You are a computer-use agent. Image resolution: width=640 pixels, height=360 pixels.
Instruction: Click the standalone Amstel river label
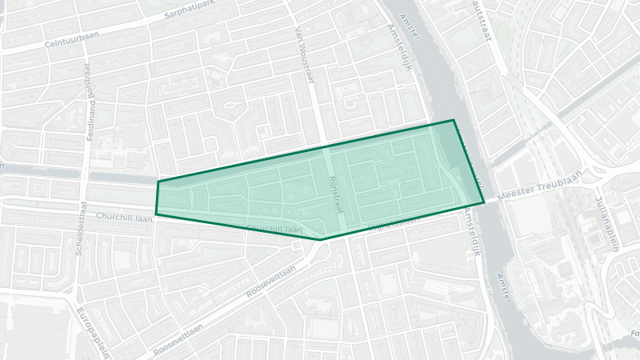504,286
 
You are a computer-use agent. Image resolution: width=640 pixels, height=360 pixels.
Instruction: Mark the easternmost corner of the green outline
484,202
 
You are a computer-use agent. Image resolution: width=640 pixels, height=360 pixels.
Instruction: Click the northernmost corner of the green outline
454,120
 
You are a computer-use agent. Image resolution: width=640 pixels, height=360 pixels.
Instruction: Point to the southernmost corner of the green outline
320,239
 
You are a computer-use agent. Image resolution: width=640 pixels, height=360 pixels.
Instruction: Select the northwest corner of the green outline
158,182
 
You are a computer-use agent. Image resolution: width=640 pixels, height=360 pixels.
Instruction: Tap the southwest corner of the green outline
156,214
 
